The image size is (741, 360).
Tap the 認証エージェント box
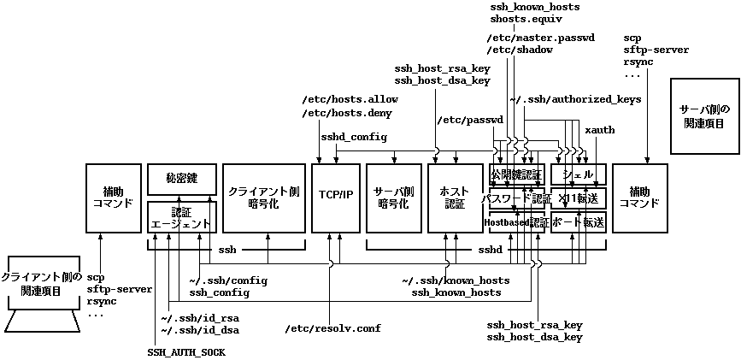[180, 217]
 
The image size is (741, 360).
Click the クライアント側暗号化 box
[263, 198]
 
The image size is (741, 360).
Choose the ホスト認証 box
[455, 198]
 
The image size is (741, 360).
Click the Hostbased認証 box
[516, 222]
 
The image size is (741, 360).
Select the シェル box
[579, 175]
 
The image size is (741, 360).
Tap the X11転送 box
[579, 198]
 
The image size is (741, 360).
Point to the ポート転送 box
[579, 222]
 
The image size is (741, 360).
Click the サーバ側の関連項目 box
[703, 116]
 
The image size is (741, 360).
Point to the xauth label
[599, 130]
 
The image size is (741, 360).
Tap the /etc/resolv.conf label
[333, 328]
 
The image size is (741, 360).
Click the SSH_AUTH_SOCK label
[185, 352]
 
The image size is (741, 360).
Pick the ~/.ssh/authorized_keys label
[575, 100]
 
